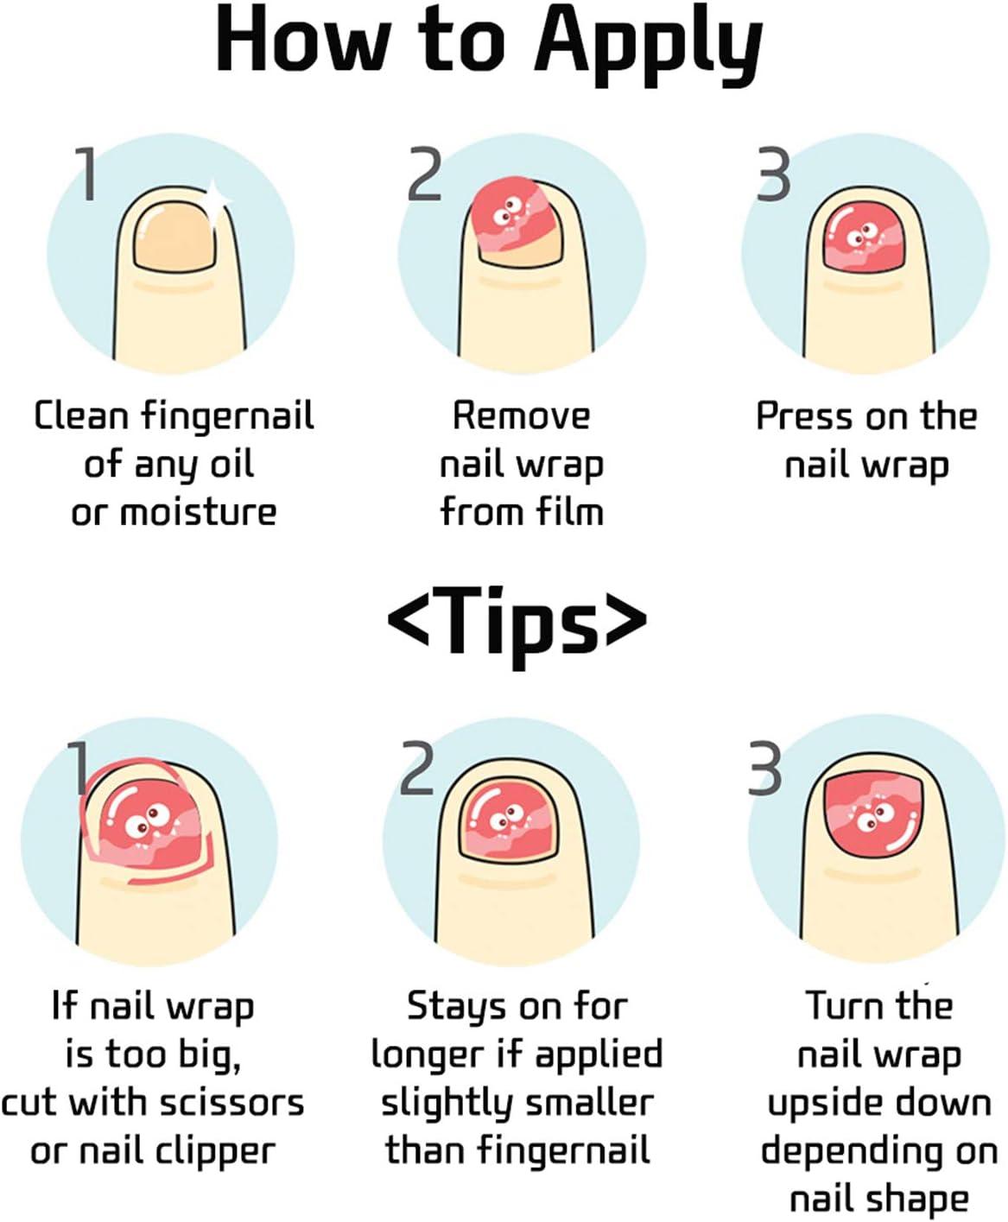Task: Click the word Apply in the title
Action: tap(648, 43)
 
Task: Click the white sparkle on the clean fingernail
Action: tap(216, 198)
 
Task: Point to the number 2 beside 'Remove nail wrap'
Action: tap(424, 175)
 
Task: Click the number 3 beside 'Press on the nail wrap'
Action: tap(773, 175)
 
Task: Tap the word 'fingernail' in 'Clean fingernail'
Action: tap(227, 416)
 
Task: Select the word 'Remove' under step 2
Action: tap(521, 416)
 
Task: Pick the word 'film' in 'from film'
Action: tap(568, 511)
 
